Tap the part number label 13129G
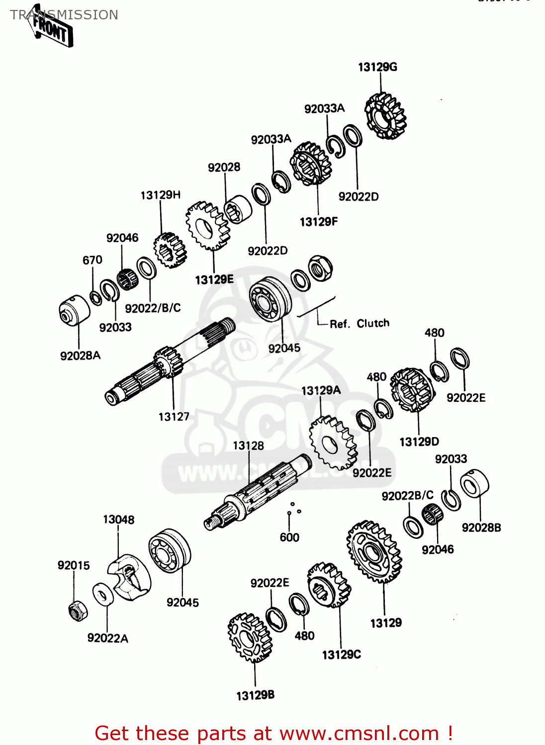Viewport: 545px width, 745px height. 377,67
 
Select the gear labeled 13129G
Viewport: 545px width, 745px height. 385,116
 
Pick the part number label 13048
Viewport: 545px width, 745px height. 118,520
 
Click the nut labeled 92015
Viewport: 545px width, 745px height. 78,610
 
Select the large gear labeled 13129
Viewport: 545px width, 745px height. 374,551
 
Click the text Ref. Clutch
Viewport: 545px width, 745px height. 360,324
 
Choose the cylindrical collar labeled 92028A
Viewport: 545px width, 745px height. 74,311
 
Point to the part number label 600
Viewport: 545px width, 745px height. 289,537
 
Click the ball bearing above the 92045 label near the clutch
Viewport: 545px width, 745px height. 270,299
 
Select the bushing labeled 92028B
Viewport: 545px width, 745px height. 474,483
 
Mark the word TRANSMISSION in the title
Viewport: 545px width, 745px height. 64,15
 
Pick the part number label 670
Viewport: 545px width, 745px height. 92,260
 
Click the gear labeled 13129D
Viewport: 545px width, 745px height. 412,390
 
